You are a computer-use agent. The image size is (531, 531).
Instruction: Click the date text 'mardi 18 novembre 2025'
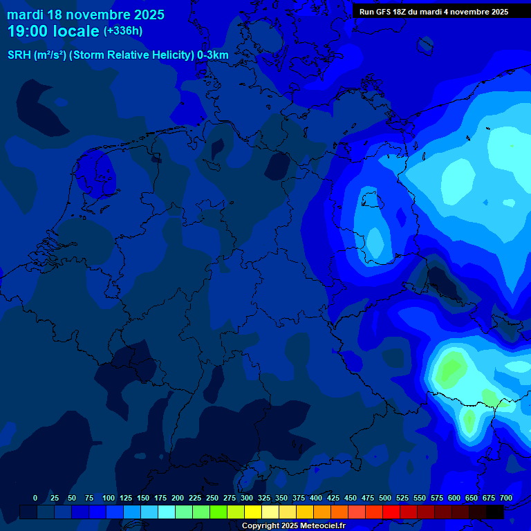(x=86, y=15)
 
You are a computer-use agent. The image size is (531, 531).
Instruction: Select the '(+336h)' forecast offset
(x=123, y=31)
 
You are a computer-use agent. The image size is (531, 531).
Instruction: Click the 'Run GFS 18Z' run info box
(x=434, y=12)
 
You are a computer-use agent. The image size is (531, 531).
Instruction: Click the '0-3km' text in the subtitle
(x=213, y=55)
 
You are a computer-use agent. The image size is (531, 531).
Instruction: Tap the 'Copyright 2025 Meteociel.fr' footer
(x=293, y=526)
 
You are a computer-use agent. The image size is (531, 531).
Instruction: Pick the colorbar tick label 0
(x=35, y=498)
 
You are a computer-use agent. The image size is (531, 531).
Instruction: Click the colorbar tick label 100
(x=109, y=498)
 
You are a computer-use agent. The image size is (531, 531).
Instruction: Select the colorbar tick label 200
(x=178, y=498)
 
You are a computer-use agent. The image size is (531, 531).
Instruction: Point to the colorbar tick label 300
(x=247, y=498)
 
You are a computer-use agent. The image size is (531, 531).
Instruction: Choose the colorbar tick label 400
(x=316, y=498)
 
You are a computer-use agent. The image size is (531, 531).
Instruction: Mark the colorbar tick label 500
(x=385, y=498)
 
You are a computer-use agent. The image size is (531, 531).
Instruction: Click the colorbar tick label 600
(x=454, y=498)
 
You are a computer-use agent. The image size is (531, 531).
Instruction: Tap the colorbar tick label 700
(x=506, y=498)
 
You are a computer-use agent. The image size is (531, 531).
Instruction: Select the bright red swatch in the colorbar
(x=391, y=512)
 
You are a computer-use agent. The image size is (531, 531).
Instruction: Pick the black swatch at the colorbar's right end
(x=495, y=512)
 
